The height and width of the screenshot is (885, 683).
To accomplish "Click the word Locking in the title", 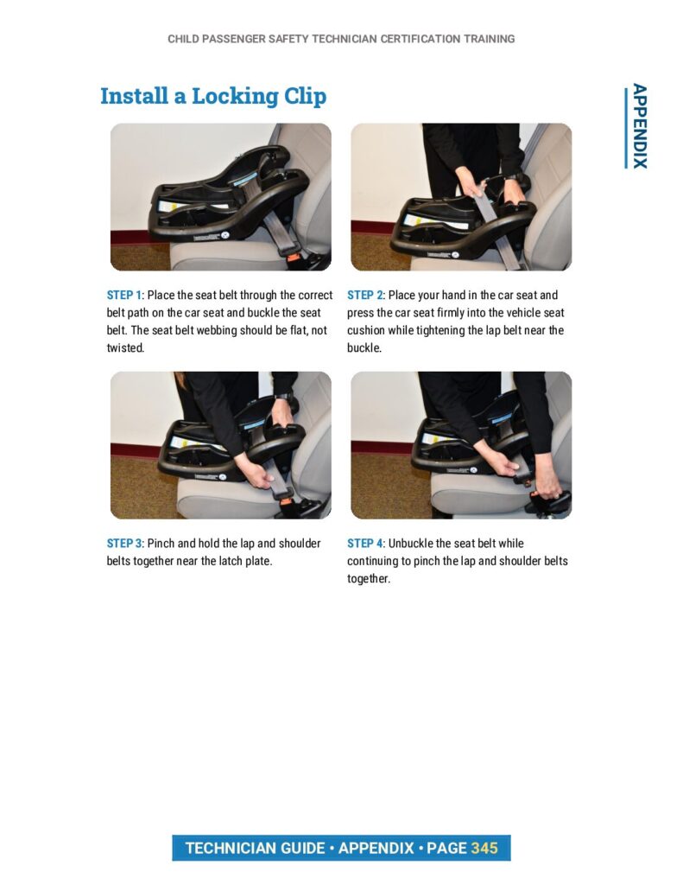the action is (x=235, y=97).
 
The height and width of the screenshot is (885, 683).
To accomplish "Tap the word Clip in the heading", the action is (x=305, y=97).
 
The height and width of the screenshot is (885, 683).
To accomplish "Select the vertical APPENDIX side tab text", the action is (x=639, y=126).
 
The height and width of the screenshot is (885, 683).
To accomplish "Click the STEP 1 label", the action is (x=124, y=296).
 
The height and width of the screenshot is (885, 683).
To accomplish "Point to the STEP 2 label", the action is (x=364, y=296).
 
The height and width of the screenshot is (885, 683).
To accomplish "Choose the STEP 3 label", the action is (x=124, y=544).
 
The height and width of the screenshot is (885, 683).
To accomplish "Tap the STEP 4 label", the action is (x=364, y=544).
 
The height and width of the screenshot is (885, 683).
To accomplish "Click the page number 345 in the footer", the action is (x=484, y=849).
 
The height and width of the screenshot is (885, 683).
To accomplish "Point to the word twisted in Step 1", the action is (x=125, y=348).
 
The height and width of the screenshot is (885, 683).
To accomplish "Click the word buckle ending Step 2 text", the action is (x=364, y=348).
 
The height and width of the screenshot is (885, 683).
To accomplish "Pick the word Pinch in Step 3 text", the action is (x=161, y=544).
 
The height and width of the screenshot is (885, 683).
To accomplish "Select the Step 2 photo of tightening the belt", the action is (x=461, y=197).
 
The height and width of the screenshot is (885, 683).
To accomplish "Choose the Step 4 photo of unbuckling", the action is (x=461, y=445).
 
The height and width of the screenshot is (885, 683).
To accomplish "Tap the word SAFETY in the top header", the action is (x=288, y=39).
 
